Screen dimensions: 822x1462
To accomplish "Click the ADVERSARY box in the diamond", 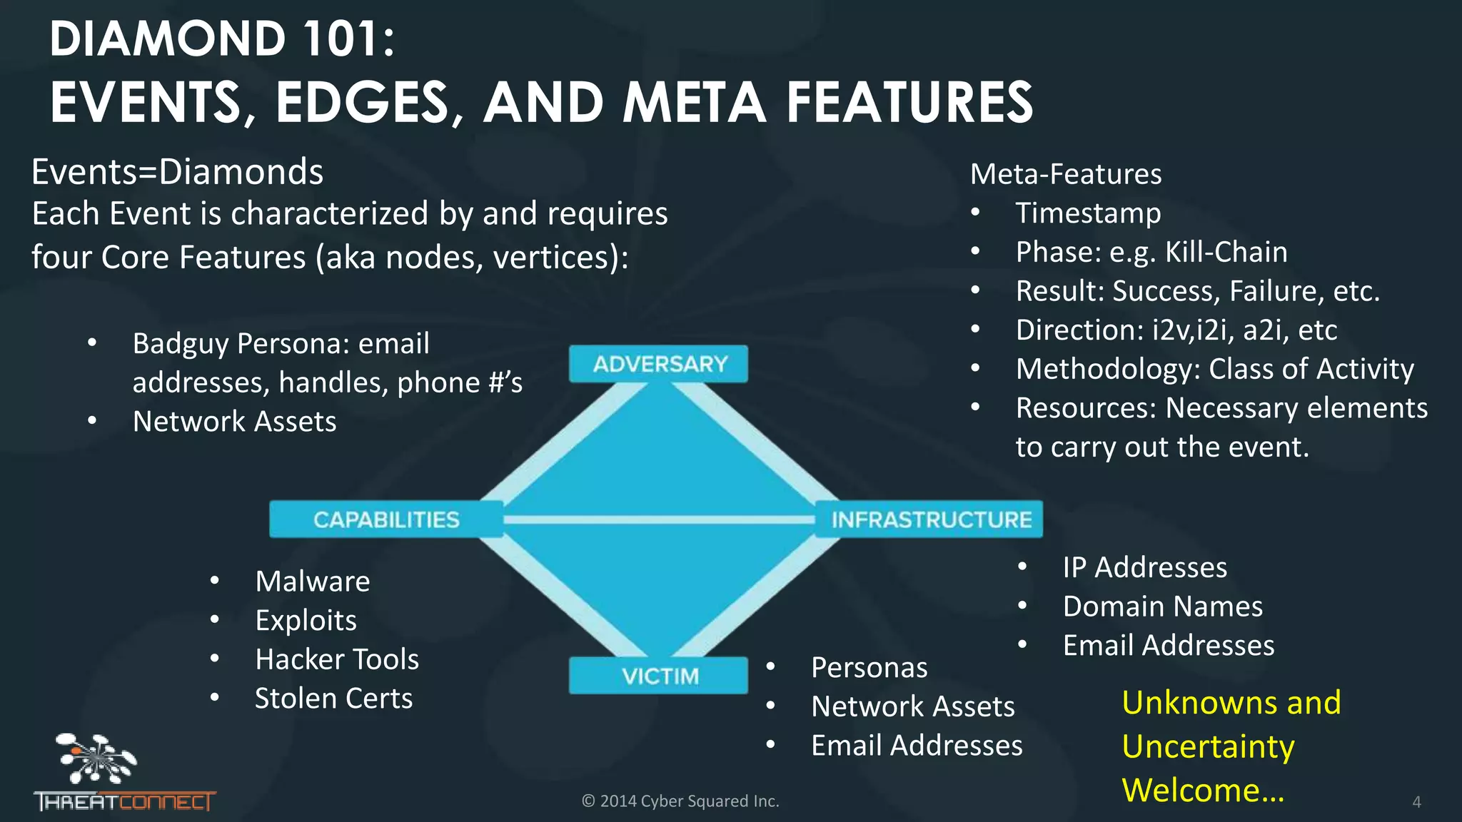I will point(658,364).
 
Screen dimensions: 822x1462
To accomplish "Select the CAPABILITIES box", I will point(385,519).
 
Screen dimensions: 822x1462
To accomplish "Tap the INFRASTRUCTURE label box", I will point(930,519).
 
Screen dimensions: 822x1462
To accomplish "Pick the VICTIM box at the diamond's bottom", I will point(658,676).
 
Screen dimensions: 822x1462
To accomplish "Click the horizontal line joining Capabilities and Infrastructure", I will point(658,519).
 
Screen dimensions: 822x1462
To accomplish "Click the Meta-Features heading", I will point(1065,174).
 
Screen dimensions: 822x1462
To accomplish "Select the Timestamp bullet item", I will point(1088,213).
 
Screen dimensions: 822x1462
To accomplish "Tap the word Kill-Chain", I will point(1226,252).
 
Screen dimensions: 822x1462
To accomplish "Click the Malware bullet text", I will point(313,582).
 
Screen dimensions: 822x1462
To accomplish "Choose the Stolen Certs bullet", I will point(333,699).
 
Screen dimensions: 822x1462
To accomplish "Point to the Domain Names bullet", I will point(1162,607).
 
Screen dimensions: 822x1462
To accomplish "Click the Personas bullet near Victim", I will point(869,668).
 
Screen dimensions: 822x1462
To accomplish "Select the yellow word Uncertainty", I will point(1208,747).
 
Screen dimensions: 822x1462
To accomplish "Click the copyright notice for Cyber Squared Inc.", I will point(680,801).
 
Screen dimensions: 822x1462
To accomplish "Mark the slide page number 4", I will point(1416,802).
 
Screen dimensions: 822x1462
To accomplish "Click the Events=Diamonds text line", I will point(177,172).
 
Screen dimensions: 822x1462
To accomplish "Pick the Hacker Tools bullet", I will point(337,659).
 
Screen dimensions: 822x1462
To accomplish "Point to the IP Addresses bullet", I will point(1144,567).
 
